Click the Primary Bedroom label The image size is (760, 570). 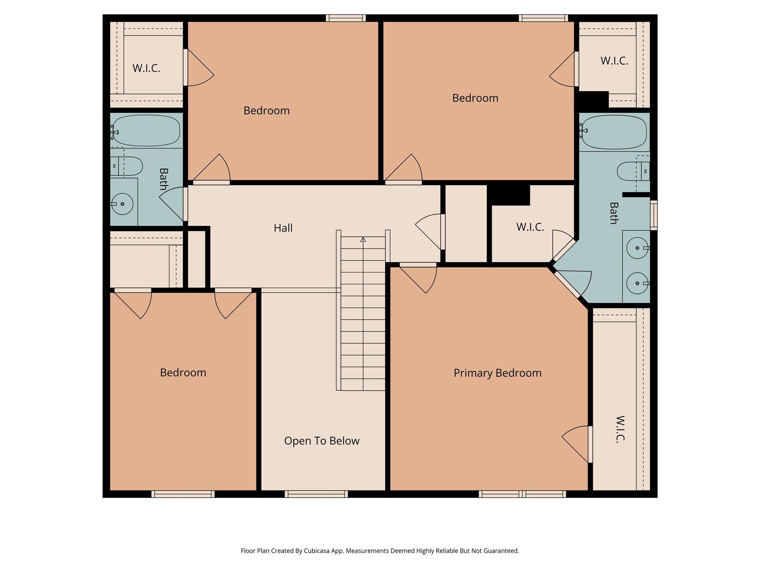497,373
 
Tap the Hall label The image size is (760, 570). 283,228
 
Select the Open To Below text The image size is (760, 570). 322,441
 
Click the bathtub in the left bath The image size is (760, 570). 146,130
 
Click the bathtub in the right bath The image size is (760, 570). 614,132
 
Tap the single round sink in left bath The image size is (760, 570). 122,204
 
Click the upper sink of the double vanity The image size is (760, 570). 637,248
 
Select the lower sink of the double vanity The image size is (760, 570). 637,283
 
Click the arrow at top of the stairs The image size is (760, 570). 363,240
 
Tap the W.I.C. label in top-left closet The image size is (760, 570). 146,68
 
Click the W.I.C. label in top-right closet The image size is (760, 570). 614,61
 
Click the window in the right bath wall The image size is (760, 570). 654,215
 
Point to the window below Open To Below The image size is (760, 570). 316,494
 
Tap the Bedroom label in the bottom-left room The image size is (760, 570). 183,373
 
